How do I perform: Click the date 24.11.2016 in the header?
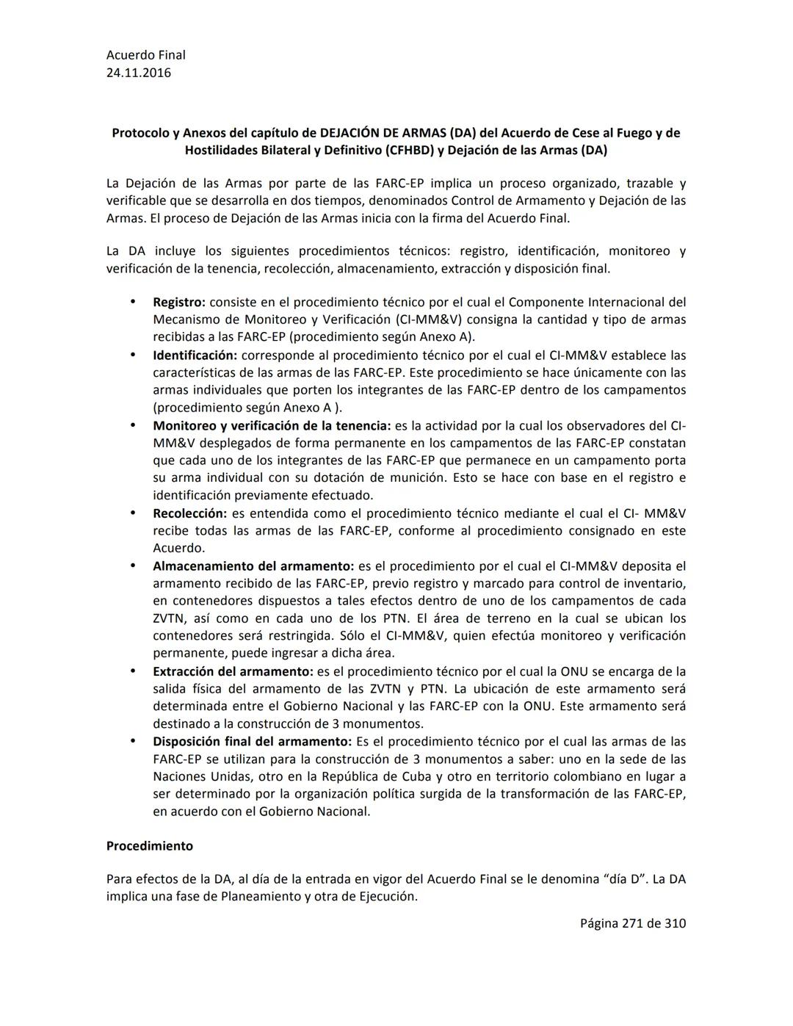point(139,73)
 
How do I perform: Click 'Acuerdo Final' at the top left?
point(146,55)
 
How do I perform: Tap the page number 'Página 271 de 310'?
point(633,923)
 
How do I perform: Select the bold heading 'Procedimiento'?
point(150,846)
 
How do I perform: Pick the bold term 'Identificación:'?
point(195,355)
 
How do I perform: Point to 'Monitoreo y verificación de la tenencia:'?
point(272,426)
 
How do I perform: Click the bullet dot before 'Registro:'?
point(133,302)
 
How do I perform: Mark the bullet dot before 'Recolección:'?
point(133,513)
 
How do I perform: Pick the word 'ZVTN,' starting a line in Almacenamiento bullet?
point(170,618)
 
